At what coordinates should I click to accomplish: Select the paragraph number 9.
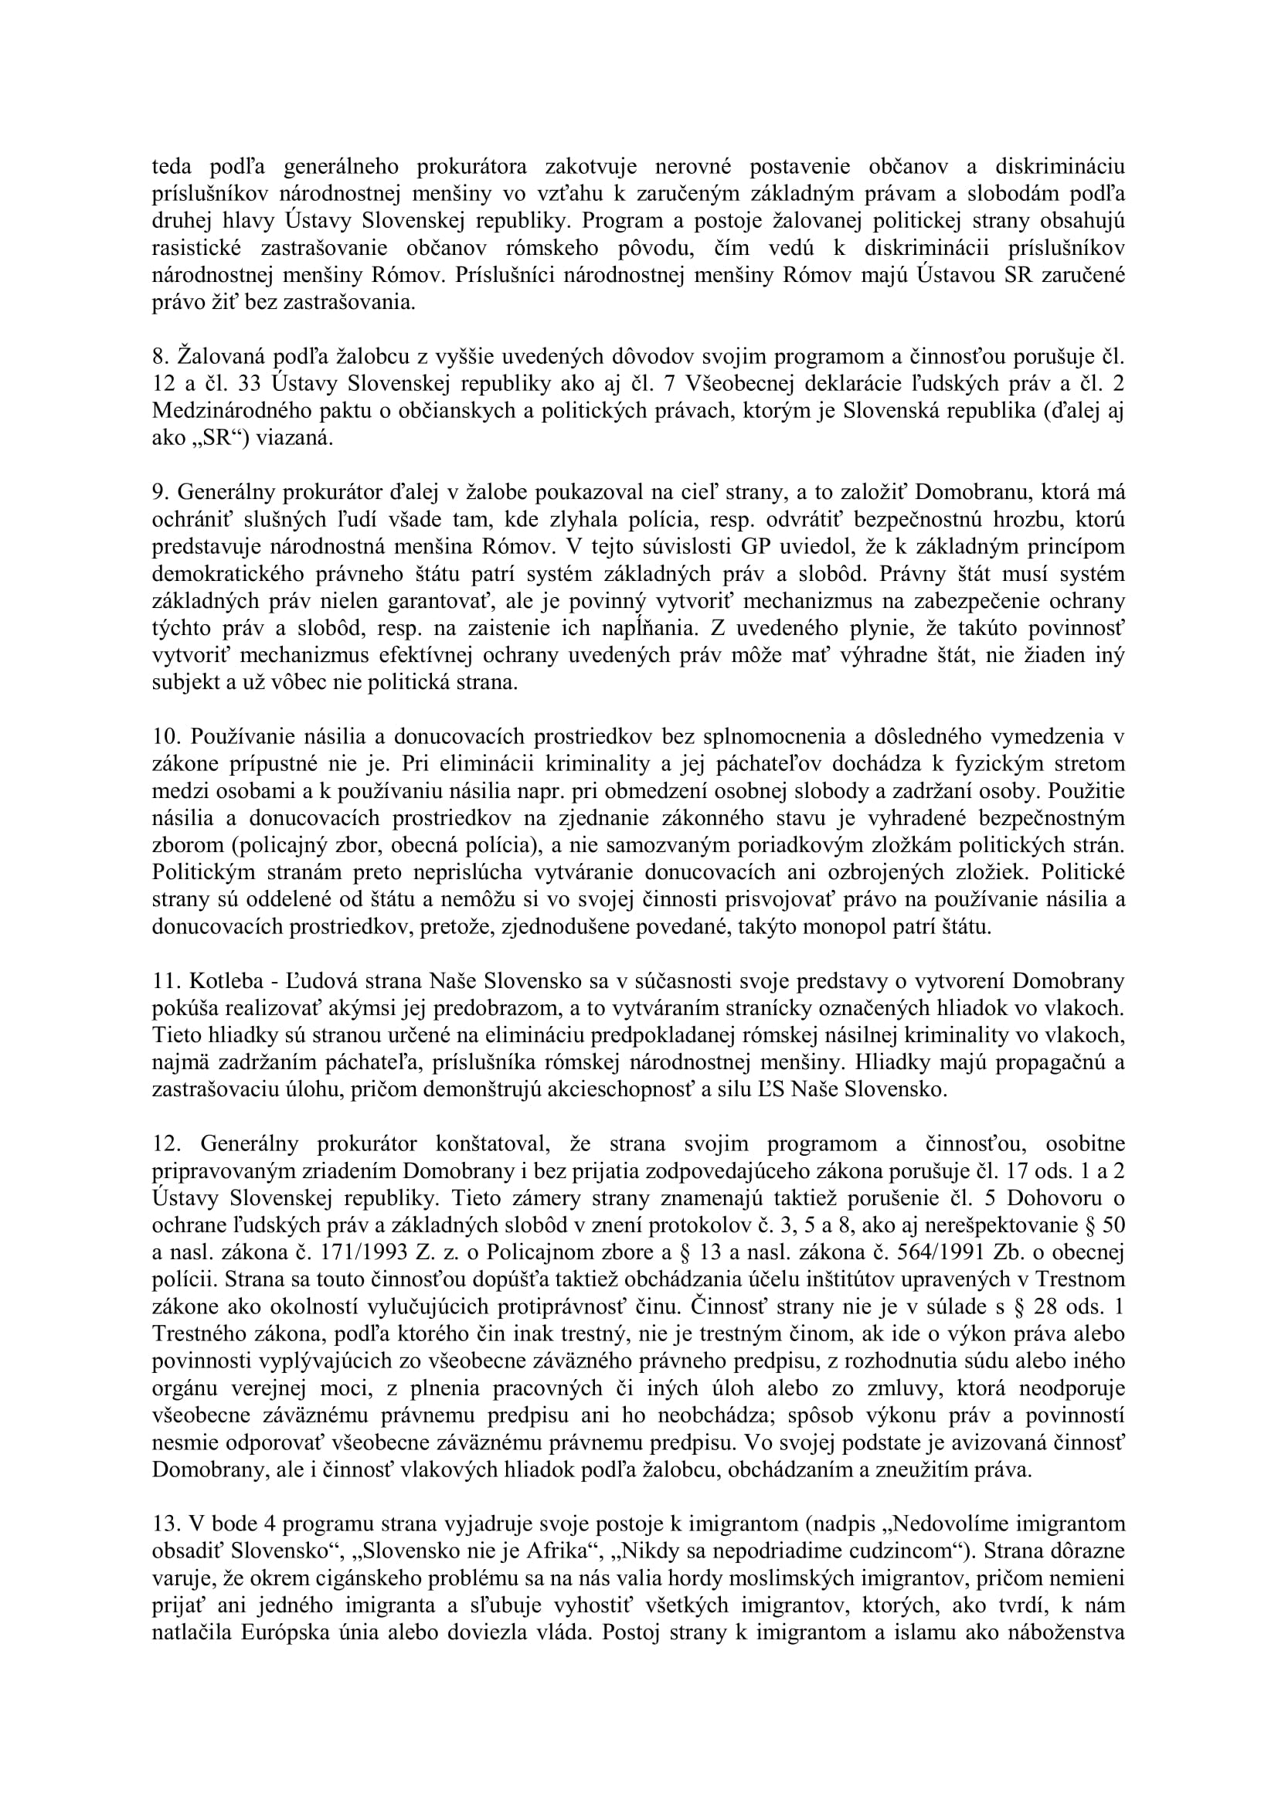160,493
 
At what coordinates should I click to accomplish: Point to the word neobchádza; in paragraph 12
678,1415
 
